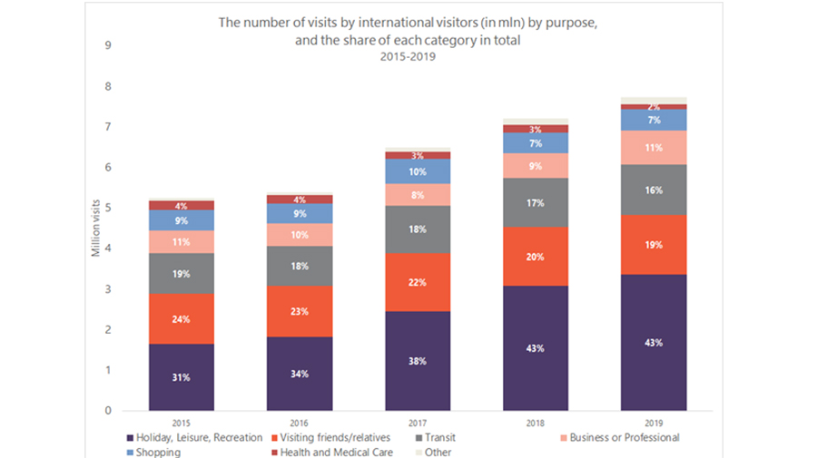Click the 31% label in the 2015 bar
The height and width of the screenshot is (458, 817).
(181, 377)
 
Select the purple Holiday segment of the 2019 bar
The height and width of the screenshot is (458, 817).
(654, 343)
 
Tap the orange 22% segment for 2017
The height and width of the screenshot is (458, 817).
(418, 282)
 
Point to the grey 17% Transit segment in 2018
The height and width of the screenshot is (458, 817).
(535, 202)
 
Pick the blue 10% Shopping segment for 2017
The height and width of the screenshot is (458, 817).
(418, 171)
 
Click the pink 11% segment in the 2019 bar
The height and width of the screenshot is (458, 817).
(654, 147)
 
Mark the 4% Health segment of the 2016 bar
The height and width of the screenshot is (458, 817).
(300, 200)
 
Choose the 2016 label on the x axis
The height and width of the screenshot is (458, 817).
(299, 424)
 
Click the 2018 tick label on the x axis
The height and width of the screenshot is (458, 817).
(535, 424)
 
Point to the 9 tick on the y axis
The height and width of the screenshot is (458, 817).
(108, 45)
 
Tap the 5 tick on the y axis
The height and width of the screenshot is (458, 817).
(108, 208)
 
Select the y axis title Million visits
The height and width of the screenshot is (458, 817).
(95, 228)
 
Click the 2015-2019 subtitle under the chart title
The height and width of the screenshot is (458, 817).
(408, 57)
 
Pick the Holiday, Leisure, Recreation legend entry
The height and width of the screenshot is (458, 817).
(194, 438)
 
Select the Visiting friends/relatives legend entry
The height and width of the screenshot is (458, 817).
(330, 438)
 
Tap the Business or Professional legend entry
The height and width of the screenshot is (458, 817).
(620, 438)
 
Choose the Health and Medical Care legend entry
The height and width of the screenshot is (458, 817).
(332, 453)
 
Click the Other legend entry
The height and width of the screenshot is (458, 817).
(433, 453)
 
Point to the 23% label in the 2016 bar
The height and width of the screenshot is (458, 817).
(299, 311)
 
